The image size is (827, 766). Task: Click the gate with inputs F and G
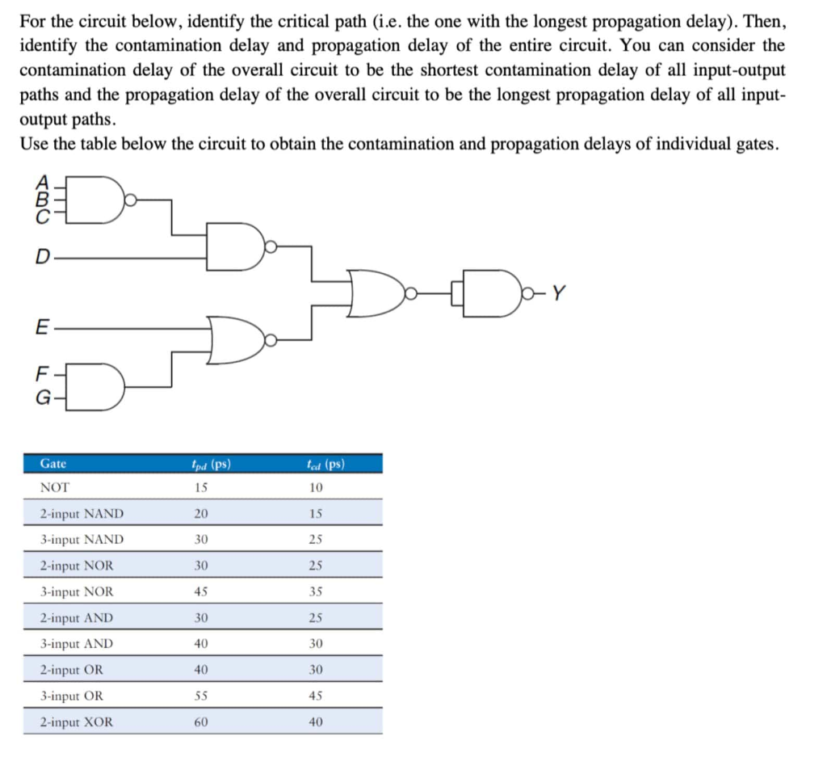click(99, 386)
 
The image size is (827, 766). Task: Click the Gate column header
click(53, 464)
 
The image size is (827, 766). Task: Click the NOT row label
click(55, 487)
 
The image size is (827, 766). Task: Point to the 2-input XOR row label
click(77, 722)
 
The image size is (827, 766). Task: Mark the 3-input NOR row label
click(77, 591)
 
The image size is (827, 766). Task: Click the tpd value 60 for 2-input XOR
click(201, 722)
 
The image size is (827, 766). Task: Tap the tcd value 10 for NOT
click(316, 487)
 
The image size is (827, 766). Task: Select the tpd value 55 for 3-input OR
click(201, 696)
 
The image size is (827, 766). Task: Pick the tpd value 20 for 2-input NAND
click(201, 513)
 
